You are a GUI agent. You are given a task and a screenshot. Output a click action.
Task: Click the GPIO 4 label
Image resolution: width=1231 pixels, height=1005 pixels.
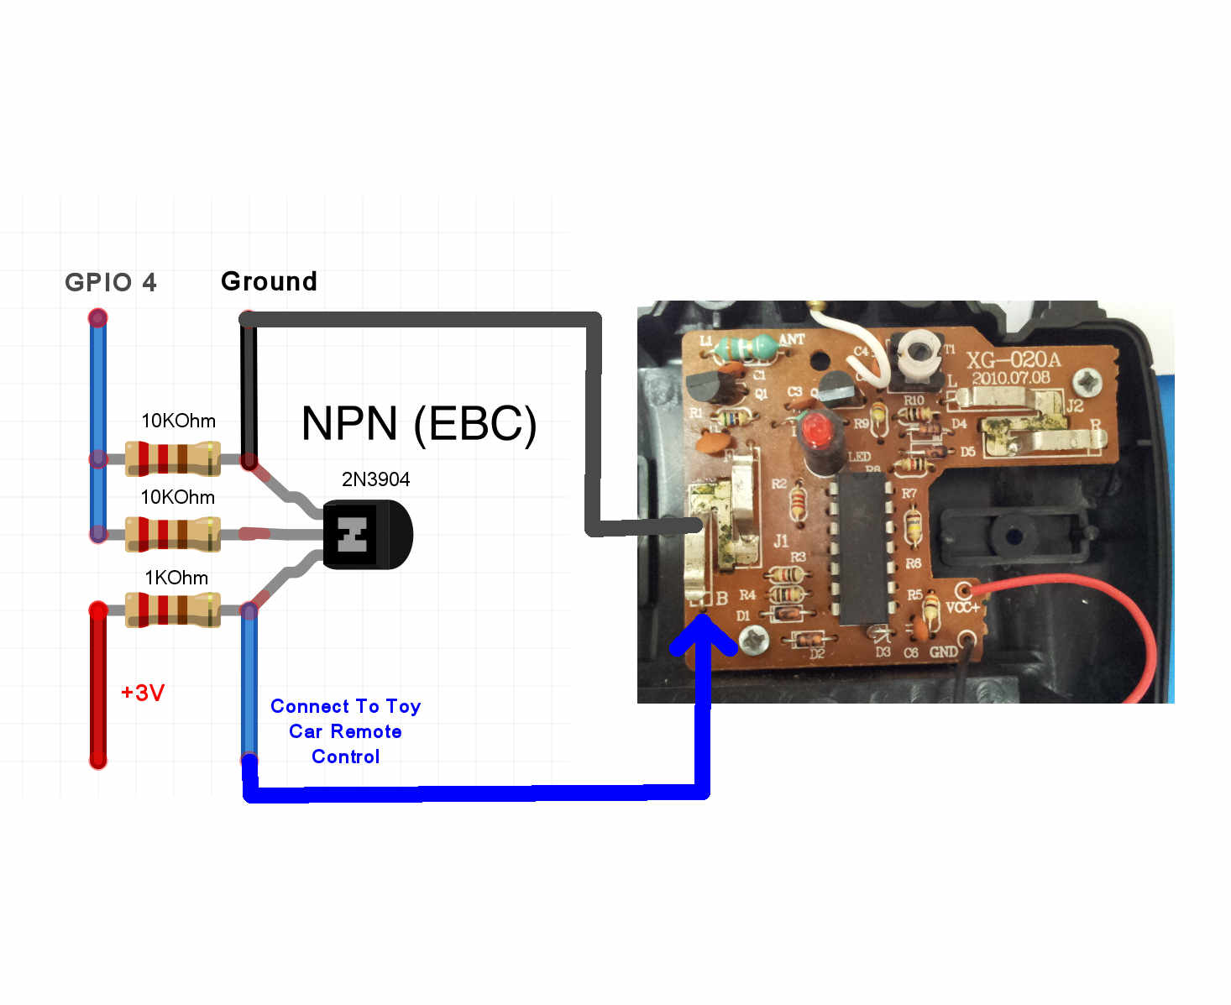[x=110, y=282]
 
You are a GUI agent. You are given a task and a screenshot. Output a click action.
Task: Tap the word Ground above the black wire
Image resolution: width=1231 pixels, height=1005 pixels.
[x=269, y=281]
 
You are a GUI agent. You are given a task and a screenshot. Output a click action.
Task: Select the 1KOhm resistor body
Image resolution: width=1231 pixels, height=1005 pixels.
[x=173, y=610]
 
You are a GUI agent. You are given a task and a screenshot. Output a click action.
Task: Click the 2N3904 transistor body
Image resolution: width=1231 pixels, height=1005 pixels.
[x=367, y=534]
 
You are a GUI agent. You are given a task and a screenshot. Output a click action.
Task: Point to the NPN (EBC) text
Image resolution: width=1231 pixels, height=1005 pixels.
[x=418, y=423]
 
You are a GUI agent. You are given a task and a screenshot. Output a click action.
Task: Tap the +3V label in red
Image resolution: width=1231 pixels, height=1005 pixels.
[x=143, y=693]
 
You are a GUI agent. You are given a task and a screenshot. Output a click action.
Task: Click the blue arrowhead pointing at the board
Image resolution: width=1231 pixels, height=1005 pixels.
[x=703, y=635]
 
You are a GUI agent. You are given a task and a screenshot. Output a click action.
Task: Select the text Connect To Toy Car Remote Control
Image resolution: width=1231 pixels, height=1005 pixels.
[x=345, y=731]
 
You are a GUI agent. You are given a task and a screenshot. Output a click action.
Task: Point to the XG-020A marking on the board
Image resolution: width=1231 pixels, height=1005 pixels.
[x=1013, y=360]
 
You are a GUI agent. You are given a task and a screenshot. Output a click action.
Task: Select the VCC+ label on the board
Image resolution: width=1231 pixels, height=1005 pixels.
[x=962, y=607]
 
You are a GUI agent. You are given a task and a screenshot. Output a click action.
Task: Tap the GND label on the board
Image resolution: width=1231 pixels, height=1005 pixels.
[x=943, y=652]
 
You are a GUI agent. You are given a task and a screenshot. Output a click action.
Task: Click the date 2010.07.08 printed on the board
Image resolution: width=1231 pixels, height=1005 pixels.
[x=1011, y=378]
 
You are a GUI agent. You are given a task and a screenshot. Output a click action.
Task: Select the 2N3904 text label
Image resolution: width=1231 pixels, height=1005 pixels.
[x=375, y=479]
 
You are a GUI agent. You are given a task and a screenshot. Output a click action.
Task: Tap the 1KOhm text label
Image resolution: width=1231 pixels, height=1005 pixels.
[x=176, y=578]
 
